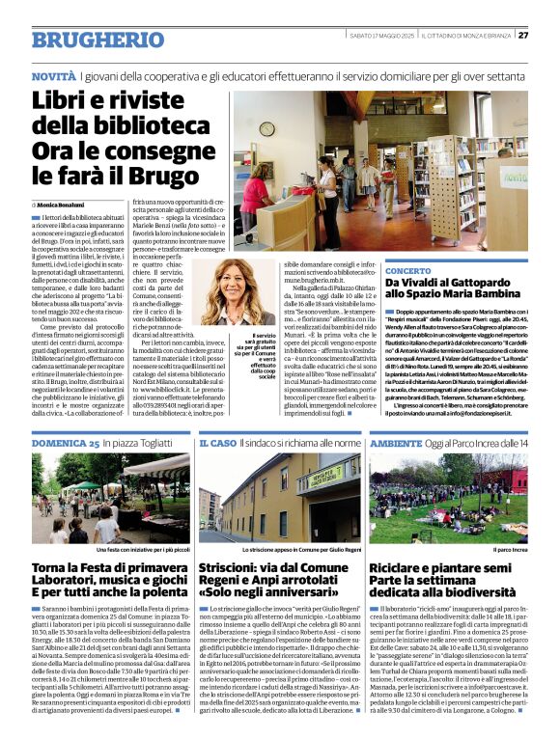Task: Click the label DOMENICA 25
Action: coord(66,443)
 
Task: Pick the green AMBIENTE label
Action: coord(396,443)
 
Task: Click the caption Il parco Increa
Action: coord(511,549)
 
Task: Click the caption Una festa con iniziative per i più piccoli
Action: coord(142,549)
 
